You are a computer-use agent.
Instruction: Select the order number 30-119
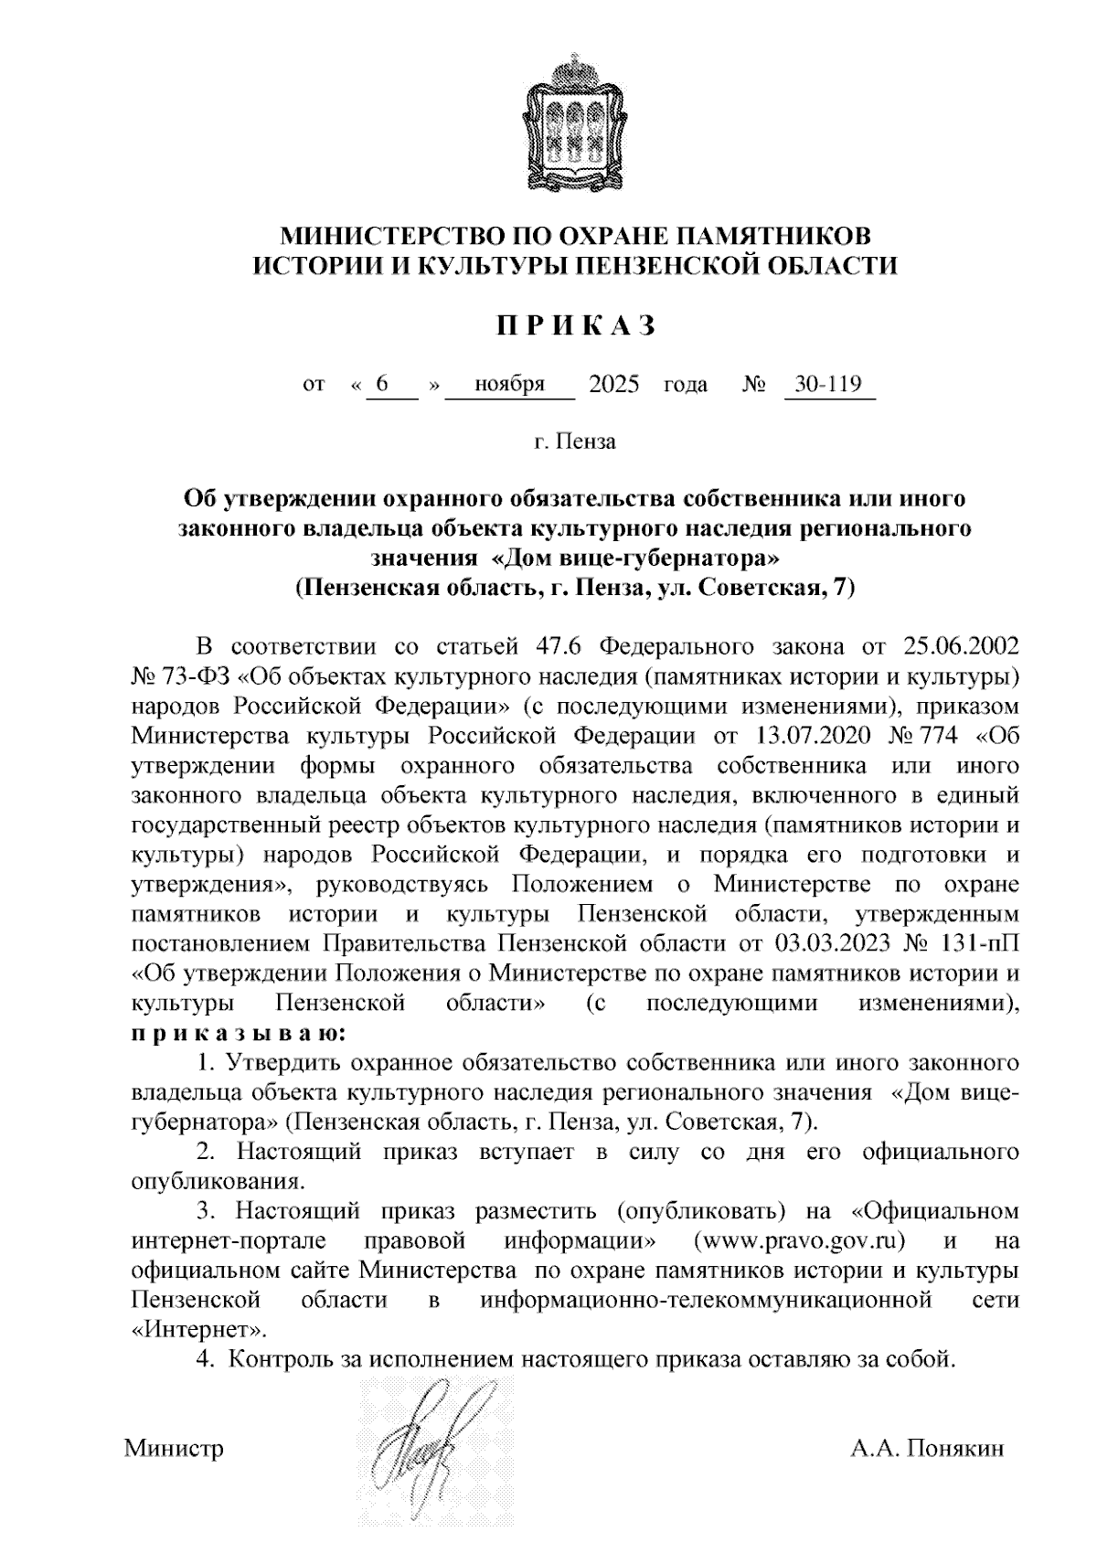pyautogui.click(x=829, y=384)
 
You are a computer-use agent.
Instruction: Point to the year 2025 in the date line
pyautogui.click(x=614, y=384)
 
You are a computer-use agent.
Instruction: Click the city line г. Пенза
pyautogui.click(x=575, y=442)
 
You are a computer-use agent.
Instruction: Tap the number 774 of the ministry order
pyautogui.click(x=940, y=737)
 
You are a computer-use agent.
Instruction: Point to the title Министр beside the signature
pyautogui.click(x=174, y=1449)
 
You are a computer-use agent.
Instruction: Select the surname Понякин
pyautogui.click(x=955, y=1449)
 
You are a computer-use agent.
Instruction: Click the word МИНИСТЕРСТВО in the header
pyautogui.click(x=387, y=236)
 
